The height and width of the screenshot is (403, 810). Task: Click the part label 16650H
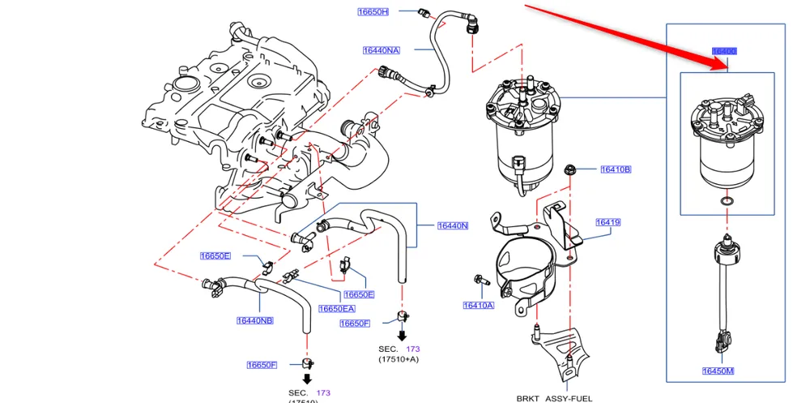click(373, 12)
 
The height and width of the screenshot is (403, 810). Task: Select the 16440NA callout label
click(381, 50)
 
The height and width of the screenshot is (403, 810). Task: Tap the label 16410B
click(616, 169)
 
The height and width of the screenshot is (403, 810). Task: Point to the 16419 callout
click(607, 221)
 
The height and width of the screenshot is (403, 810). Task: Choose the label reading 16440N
click(453, 225)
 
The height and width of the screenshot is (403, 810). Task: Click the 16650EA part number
click(337, 309)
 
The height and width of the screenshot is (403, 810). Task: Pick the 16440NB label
click(255, 320)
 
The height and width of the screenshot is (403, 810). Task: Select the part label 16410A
click(478, 306)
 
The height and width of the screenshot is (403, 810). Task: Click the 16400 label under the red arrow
click(724, 51)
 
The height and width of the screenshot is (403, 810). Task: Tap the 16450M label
click(718, 371)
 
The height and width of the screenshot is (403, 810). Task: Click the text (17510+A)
click(399, 358)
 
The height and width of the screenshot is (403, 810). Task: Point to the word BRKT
click(530, 398)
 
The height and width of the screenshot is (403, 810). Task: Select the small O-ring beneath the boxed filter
click(727, 200)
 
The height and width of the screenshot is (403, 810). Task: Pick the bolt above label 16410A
click(478, 281)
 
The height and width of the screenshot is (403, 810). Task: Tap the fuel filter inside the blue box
click(727, 146)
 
